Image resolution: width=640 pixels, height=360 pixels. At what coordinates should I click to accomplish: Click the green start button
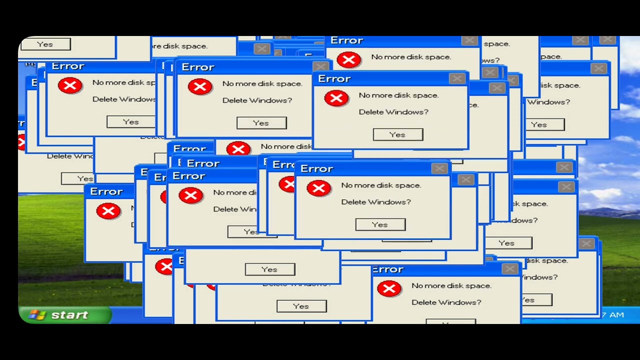click(65, 314)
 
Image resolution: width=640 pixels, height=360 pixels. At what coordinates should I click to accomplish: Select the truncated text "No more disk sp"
click(124, 82)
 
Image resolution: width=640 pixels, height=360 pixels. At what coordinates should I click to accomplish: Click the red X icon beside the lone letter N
click(108, 211)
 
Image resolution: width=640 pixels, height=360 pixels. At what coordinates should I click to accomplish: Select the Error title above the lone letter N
click(106, 191)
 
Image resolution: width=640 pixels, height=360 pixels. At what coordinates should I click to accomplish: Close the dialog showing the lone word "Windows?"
click(598, 68)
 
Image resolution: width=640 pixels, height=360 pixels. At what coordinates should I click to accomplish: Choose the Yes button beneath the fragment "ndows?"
click(506, 243)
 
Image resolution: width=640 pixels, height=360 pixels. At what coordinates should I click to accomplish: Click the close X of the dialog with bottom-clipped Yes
click(509, 269)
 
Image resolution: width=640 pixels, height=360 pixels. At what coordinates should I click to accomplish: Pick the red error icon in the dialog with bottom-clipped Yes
click(389, 288)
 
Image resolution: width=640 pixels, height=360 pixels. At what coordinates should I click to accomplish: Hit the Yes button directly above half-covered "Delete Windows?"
click(269, 269)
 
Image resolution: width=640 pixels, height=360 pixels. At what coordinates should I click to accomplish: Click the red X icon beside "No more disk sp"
click(70, 85)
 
